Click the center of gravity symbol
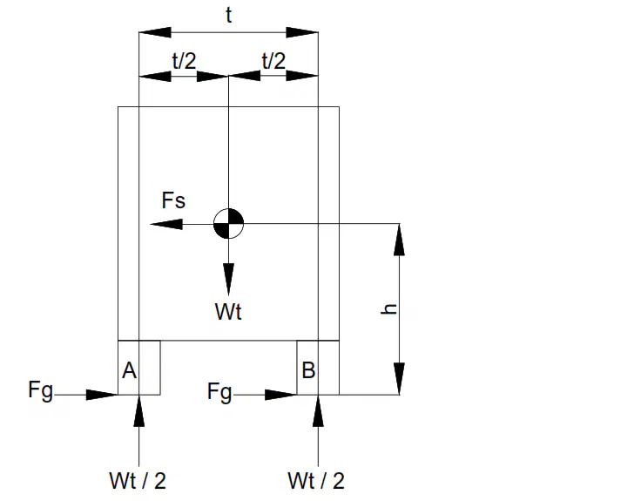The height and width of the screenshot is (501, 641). coord(228,223)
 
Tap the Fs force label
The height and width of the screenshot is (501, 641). coord(173,200)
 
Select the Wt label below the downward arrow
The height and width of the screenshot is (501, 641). coord(228,312)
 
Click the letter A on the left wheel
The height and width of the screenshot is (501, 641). coord(129,371)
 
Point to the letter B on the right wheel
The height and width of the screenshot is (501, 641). coord(308,370)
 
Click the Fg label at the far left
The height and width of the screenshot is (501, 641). coord(40,390)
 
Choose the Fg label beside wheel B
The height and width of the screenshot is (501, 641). coord(219,392)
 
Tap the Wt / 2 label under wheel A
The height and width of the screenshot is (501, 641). coord(138,481)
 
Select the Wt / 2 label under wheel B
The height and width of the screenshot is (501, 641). coord(316,481)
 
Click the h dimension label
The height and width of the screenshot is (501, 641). coord(388,309)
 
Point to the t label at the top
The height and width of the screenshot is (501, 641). coord(228,15)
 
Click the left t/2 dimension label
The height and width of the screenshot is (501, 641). coord(184,61)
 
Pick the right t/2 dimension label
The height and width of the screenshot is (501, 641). coord(273,61)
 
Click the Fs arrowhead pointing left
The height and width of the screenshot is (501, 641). coord(166,224)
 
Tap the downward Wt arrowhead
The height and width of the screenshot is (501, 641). coord(228,280)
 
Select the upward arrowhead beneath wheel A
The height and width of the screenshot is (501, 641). coord(139,411)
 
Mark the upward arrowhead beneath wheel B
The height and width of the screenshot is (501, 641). coord(318,411)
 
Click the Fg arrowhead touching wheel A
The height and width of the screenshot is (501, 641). coord(102,395)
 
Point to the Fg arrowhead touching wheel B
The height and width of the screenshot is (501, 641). coord(280,395)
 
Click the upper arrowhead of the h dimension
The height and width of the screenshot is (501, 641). coord(400,240)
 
